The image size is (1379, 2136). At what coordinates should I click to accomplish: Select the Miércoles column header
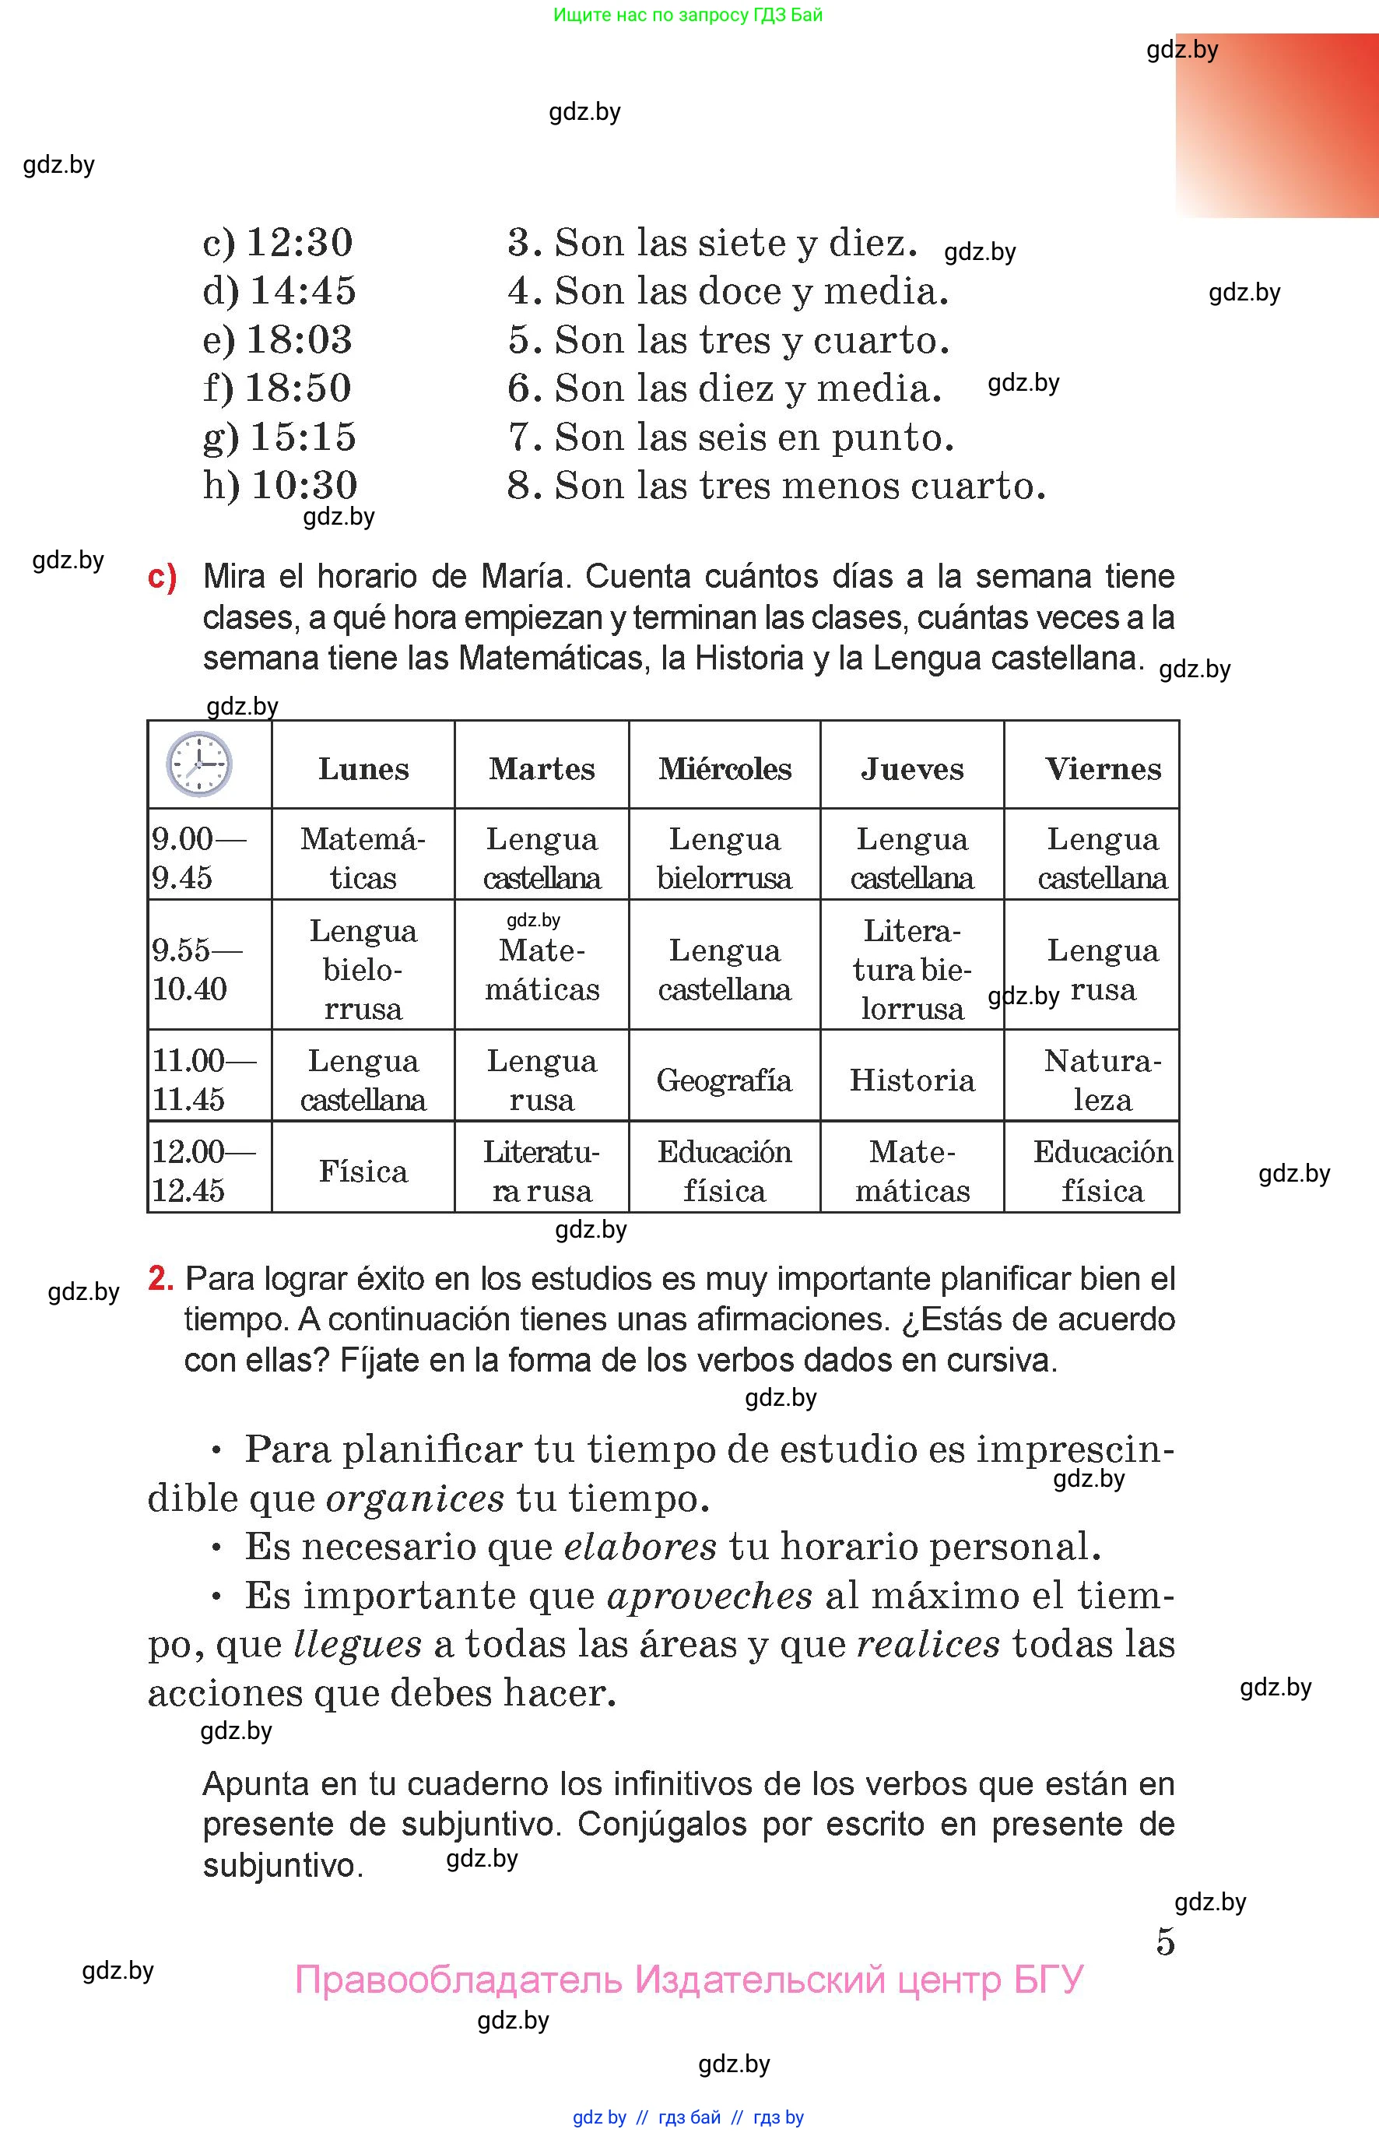coord(725,768)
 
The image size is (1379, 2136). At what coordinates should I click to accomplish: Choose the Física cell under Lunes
coord(363,1172)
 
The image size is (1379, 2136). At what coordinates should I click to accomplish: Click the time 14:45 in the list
coord(302,291)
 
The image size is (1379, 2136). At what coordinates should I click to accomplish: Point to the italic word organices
coord(416,1498)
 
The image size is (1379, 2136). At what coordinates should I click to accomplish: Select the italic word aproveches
coord(709,1596)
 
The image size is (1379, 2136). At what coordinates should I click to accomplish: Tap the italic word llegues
coord(356,1644)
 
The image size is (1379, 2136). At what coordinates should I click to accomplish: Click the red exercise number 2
coord(160,1279)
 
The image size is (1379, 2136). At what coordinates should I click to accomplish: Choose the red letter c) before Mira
coord(162,578)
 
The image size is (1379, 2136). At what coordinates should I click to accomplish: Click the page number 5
coord(1165,1941)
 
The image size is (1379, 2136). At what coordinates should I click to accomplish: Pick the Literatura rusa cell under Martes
coord(542,1172)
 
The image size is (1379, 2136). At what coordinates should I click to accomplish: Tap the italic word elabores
coord(640,1547)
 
